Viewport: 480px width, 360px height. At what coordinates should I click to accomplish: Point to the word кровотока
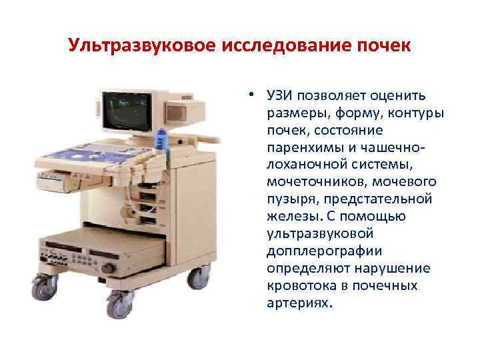[296, 285]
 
